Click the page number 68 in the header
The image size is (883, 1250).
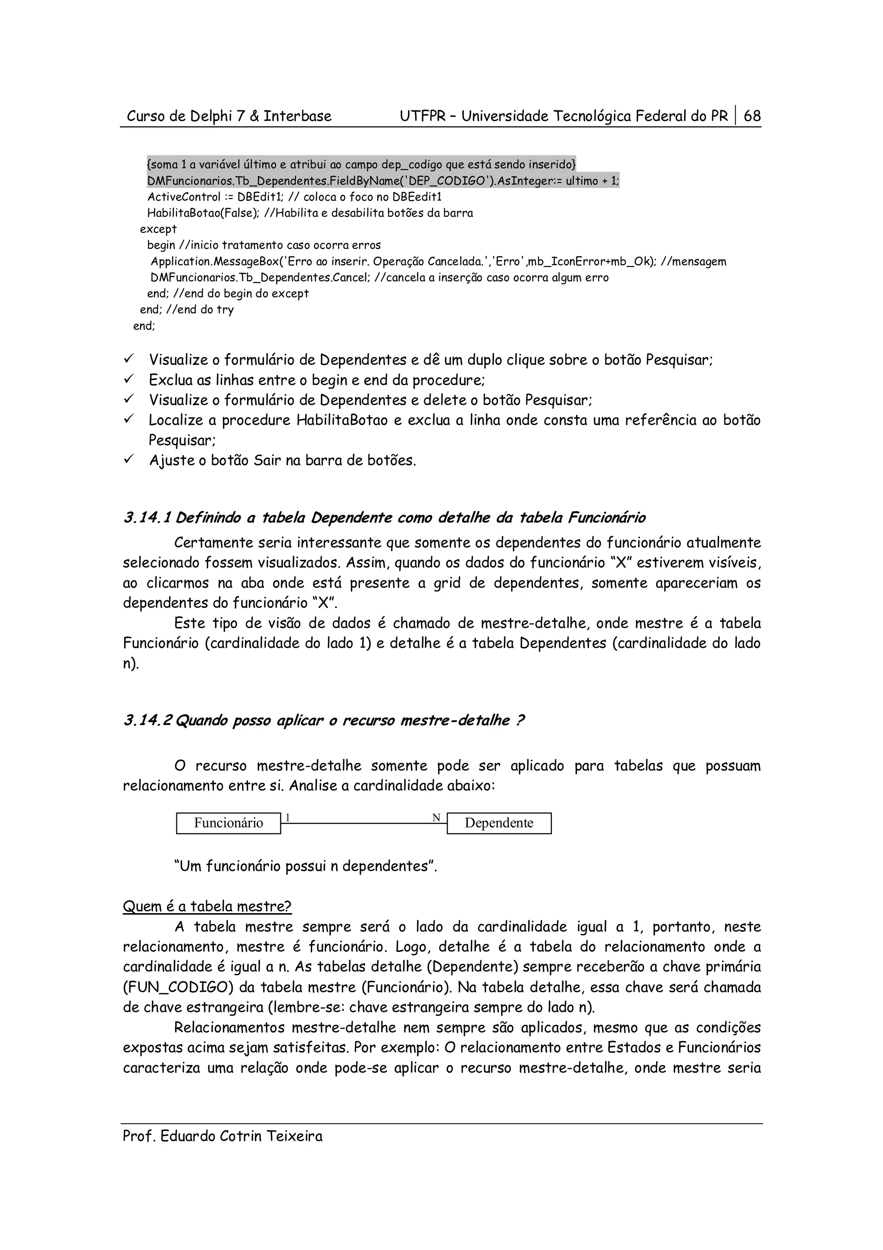pyautogui.click(x=752, y=116)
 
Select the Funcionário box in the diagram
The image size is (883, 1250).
pyautogui.click(x=229, y=823)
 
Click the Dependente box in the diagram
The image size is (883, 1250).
pyautogui.click(x=499, y=823)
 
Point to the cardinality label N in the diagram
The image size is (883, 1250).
pyautogui.click(x=436, y=818)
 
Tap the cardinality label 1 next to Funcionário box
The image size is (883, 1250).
pyautogui.click(x=288, y=818)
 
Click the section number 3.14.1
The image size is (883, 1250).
pyautogui.click(x=146, y=518)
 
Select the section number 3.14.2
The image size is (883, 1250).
pyautogui.click(x=147, y=721)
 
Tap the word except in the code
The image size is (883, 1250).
pyautogui.click(x=158, y=229)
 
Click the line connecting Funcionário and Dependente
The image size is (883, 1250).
pyautogui.click(x=363, y=823)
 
